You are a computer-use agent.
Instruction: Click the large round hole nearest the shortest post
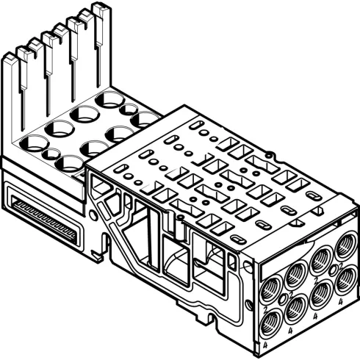pos(34,143)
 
